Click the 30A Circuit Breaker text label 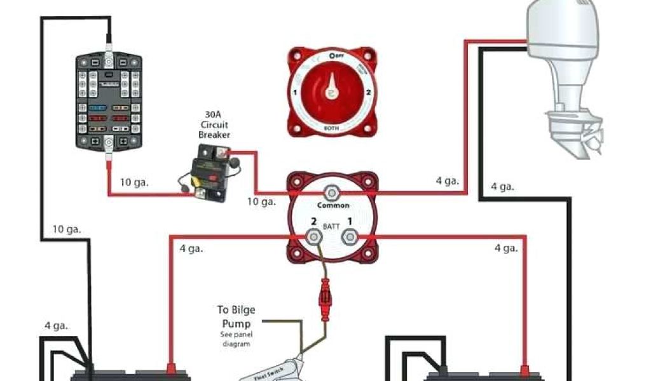click(x=214, y=124)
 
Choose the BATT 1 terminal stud click(x=349, y=237)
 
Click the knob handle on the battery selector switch click(x=331, y=90)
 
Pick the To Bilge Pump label click(x=236, y=315)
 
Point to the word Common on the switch click(x=333, y=205)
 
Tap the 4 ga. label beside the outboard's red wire click(x=447, y=181)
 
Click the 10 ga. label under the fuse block click(x=134, y=182)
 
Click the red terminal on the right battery click(x=524, y=369)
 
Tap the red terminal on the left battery click(x=170, y=369)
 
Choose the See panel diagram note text click(x=236, y=339)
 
